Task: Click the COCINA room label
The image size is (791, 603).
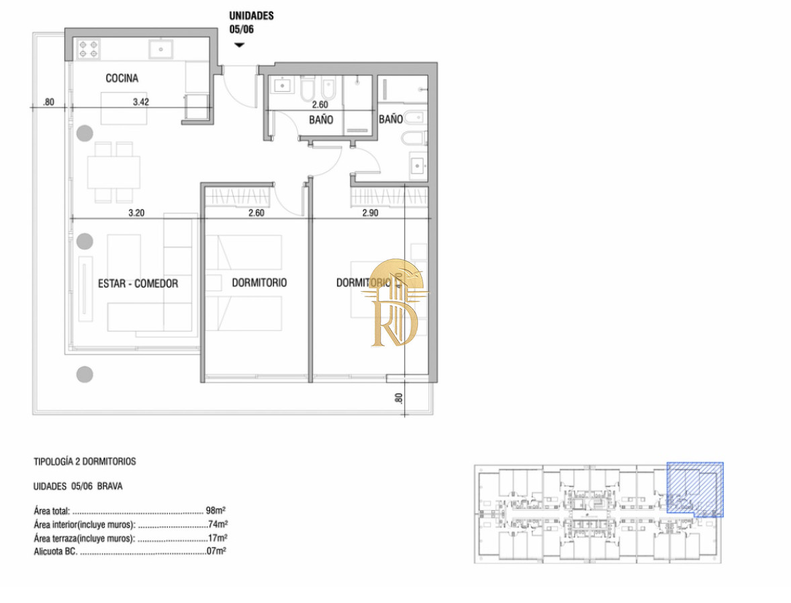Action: point(122,78)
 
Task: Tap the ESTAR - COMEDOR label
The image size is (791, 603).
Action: point(138,284)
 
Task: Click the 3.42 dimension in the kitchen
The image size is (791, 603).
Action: point(141,102)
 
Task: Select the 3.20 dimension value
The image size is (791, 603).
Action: point(136,213)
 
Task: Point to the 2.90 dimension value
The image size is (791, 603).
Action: point(370,213)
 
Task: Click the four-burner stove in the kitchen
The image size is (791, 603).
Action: point(88,50)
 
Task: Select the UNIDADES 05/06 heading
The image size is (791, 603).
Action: point(251,22)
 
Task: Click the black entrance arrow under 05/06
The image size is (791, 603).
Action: point(239,45)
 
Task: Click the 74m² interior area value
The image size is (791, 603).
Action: point(218,524)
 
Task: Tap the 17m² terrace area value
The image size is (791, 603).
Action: point(218,537)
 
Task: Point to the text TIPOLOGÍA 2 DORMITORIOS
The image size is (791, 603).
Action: point(85,461)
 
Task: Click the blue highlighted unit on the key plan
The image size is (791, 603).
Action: point(695,489)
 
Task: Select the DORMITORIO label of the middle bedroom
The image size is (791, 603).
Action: point(259,282)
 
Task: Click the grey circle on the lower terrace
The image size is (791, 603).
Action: point(85,374)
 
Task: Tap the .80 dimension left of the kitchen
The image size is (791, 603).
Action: point(48,102)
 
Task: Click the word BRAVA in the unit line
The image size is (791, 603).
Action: point(109,486)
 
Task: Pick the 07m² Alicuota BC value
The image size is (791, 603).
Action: point(216,551)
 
